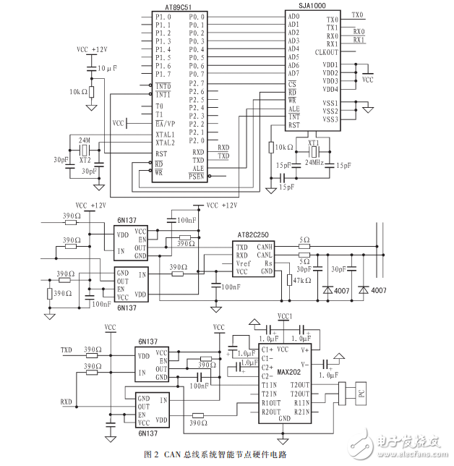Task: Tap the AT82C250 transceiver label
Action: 254,235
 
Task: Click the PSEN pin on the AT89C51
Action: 196,177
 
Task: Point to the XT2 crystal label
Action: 85,158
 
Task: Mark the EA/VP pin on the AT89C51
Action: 166,124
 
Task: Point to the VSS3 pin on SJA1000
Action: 330,119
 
